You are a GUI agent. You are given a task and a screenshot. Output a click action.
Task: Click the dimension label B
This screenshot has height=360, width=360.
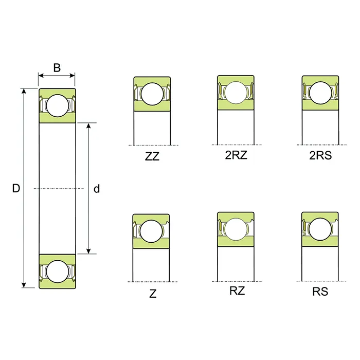(57, 67)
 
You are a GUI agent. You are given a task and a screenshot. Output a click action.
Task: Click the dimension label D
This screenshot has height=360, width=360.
(16, 189)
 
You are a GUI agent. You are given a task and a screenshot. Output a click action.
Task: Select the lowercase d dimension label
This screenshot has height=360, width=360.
(96, 189)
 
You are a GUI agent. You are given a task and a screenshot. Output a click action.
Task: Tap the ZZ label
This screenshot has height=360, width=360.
(152, 156)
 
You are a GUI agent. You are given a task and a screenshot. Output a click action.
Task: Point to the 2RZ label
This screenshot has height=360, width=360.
(236, 155)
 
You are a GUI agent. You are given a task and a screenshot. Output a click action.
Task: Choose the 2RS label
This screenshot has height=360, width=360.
(320, 155)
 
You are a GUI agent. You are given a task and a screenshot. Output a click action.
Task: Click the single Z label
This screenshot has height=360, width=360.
(153, 294)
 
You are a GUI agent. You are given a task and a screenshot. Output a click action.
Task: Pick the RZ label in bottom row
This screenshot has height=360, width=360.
(237, 291)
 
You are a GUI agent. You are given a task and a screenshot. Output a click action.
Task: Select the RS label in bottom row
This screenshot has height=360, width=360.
(320, 292)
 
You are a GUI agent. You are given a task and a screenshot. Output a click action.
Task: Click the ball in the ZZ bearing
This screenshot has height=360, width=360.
(152, 94)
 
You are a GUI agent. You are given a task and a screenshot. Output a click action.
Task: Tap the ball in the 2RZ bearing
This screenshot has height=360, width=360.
(236, 93)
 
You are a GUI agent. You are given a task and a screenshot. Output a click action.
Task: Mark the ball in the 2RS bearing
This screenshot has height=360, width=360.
(320, 93)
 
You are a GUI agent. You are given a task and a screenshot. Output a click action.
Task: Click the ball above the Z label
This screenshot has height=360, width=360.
(152, 230)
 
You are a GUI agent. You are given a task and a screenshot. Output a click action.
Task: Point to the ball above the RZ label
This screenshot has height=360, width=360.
(236, 229)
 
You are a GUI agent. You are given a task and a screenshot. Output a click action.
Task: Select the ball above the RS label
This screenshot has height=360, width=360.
(320, 229)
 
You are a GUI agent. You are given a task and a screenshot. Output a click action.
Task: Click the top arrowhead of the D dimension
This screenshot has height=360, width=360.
(23, 91)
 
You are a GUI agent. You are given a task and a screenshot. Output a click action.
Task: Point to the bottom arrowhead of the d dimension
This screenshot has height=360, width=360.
(89, 250)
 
